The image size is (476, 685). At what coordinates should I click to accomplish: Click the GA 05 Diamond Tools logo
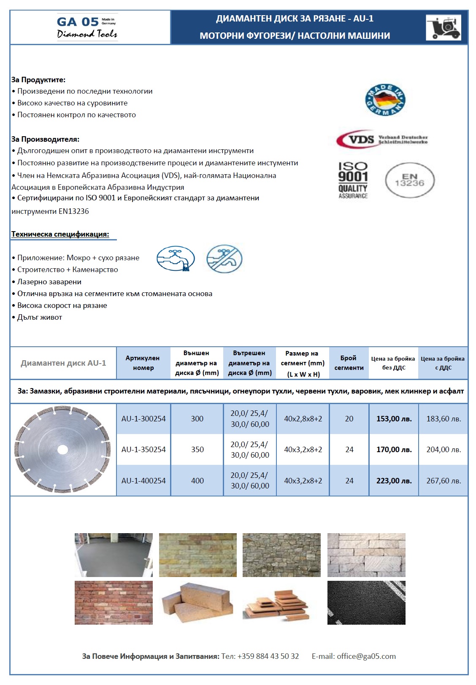tap(87, 27)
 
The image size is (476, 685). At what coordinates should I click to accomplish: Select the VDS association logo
tap(381, 139)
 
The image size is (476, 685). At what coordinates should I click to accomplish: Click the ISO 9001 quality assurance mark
tap(353, 180)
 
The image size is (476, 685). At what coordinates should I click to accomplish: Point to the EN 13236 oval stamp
tap(409, 180)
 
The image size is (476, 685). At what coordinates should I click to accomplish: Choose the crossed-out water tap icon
tap(224, 259)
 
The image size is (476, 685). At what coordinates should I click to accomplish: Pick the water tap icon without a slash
tap(176, 259)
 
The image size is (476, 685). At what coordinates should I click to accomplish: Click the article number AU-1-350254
tap(143, 450)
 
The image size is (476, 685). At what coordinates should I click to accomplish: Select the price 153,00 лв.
tap(394, 419)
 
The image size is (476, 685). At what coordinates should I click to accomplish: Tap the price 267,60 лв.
tap(444, 480)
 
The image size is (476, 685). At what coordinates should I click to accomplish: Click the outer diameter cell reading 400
tap(197, 480)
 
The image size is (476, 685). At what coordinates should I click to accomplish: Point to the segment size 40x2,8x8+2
tap(303, 419)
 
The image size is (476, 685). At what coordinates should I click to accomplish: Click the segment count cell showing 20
tap(349, 419)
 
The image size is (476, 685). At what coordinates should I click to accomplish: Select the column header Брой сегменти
tap(349, 363)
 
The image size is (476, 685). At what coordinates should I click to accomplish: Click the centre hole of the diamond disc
tap(62, 450)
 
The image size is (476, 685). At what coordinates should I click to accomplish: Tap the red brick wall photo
tap(114, 602)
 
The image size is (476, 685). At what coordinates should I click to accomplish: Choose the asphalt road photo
tap(366, 602)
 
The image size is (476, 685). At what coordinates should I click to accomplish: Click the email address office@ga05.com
tap(366, 656)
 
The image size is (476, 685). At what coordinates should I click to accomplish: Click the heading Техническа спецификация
tap(60, 234)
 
